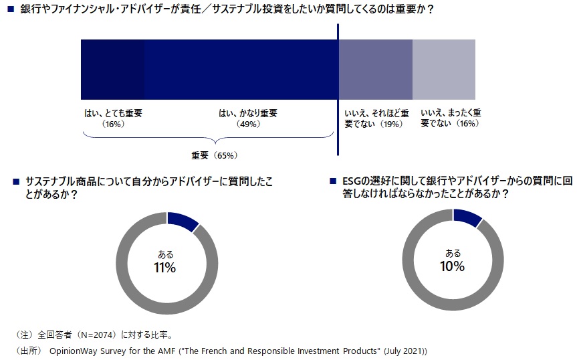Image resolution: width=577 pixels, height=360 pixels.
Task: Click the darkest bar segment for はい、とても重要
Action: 112,70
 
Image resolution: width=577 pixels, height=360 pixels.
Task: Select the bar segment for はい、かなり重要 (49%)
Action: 241,70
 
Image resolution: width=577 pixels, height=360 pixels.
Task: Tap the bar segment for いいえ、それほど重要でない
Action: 376,70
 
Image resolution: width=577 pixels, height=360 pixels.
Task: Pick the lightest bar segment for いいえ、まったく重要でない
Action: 444,70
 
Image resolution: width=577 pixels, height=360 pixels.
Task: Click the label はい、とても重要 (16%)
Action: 113,118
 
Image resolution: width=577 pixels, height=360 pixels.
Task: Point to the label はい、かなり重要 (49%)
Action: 248,118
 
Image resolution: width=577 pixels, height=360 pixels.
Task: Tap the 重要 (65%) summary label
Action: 215,155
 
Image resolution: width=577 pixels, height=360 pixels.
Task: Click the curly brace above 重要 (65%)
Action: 208,139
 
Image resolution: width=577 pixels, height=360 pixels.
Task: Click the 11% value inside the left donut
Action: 165,268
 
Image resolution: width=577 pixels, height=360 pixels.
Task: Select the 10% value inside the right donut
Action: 453,267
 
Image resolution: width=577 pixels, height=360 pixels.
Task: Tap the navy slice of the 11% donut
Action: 182,221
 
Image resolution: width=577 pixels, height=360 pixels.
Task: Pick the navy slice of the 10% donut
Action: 467,218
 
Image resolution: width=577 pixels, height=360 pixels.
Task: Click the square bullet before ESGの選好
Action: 333,181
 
